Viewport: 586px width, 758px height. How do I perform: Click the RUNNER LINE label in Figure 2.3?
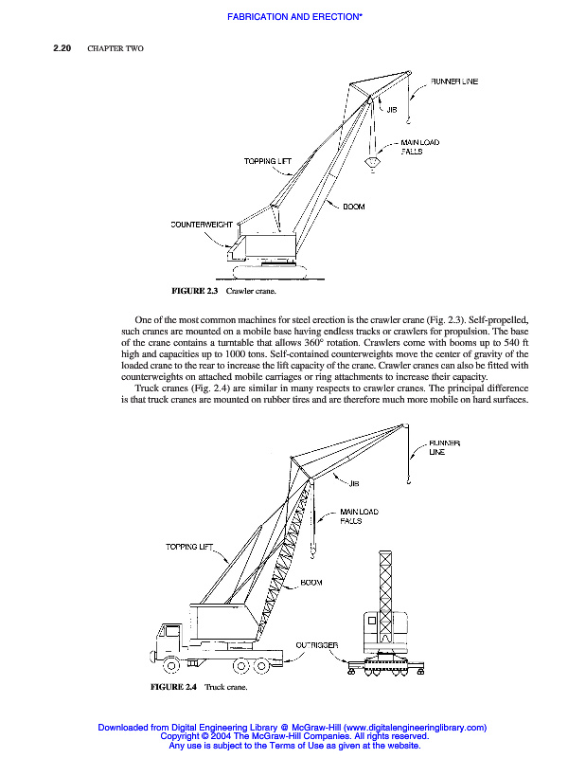point(454,82)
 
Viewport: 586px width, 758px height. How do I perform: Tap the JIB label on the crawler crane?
point(391,110)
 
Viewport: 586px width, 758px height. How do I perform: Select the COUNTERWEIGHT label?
point(201,226)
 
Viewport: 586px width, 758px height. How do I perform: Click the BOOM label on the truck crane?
point(311,583)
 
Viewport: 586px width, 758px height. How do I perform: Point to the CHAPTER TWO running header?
point(115,48)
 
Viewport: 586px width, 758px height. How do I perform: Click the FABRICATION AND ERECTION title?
point(293,17)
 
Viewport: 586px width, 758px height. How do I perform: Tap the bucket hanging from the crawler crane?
point(373,163)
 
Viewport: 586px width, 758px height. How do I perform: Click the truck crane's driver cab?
point(174,637)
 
